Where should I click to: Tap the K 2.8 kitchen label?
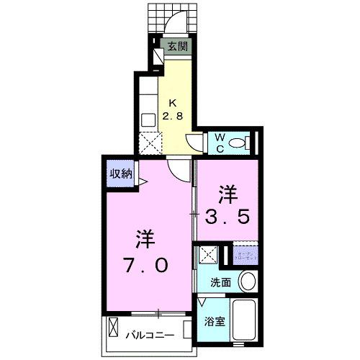click(175, 108)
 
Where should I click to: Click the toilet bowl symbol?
click(238, 143)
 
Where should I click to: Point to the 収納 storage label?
click(120, 174)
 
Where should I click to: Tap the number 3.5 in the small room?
click(228, 215)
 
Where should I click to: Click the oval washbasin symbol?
click(247, 281)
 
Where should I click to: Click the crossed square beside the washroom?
click(209, 255)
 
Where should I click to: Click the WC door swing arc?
click(197, 143)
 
